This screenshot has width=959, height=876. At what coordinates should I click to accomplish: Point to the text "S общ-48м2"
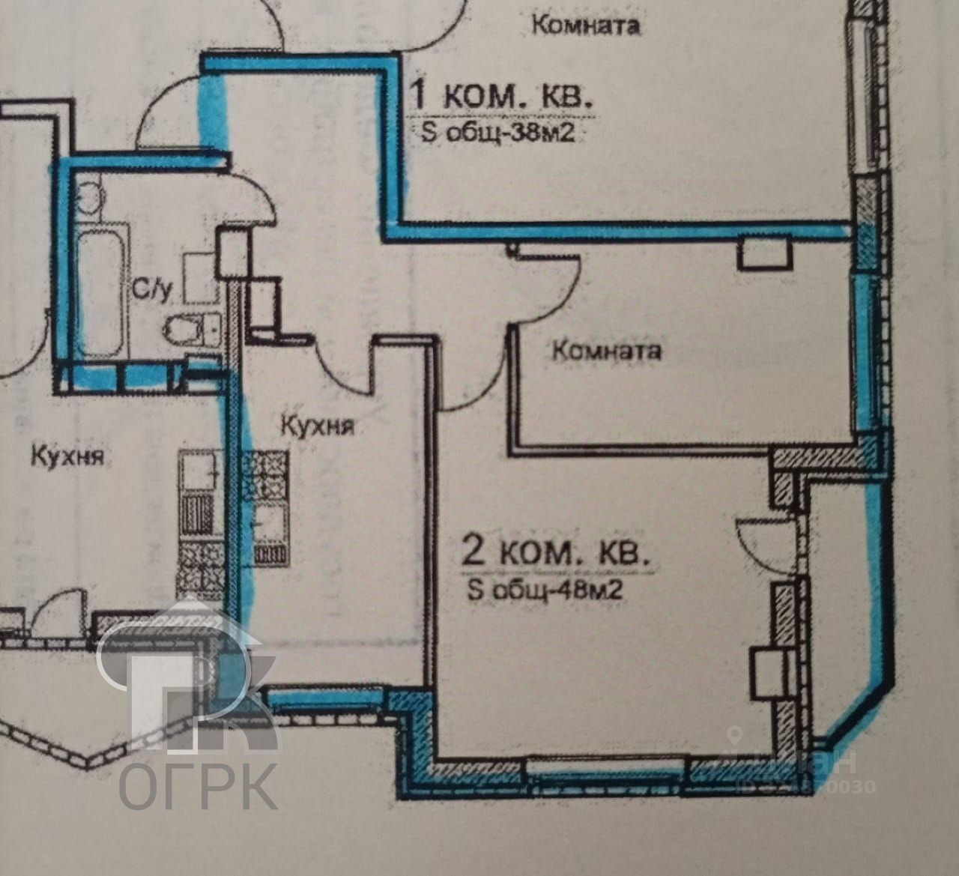coord(545,590)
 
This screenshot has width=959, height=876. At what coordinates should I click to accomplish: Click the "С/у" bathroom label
coord(151,287)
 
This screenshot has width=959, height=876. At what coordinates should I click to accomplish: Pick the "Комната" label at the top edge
coord(586,25)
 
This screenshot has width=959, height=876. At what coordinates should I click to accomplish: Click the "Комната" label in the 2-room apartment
coord(607,350)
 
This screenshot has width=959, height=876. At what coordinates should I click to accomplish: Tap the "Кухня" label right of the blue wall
coord(317,426)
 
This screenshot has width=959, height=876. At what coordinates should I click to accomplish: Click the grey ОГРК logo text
coord(199,785)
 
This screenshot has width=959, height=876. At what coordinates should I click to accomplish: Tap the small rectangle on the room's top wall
coord(764,255)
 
